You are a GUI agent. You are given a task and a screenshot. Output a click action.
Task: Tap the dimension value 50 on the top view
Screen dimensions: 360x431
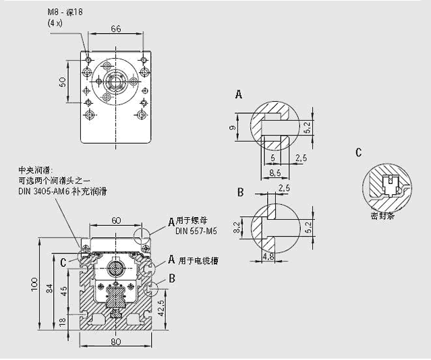[63, 82]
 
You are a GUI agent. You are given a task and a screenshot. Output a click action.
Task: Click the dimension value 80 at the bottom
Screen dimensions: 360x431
[115, 341]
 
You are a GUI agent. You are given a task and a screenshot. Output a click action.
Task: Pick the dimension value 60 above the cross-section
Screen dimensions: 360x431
[115, 220]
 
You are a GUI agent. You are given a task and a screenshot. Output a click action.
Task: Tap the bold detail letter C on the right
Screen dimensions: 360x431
[358, 152]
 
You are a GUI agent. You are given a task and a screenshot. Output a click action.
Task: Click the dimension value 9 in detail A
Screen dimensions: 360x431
[232, 127]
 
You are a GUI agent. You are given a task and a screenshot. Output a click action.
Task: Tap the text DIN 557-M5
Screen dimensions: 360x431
[196, 231]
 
